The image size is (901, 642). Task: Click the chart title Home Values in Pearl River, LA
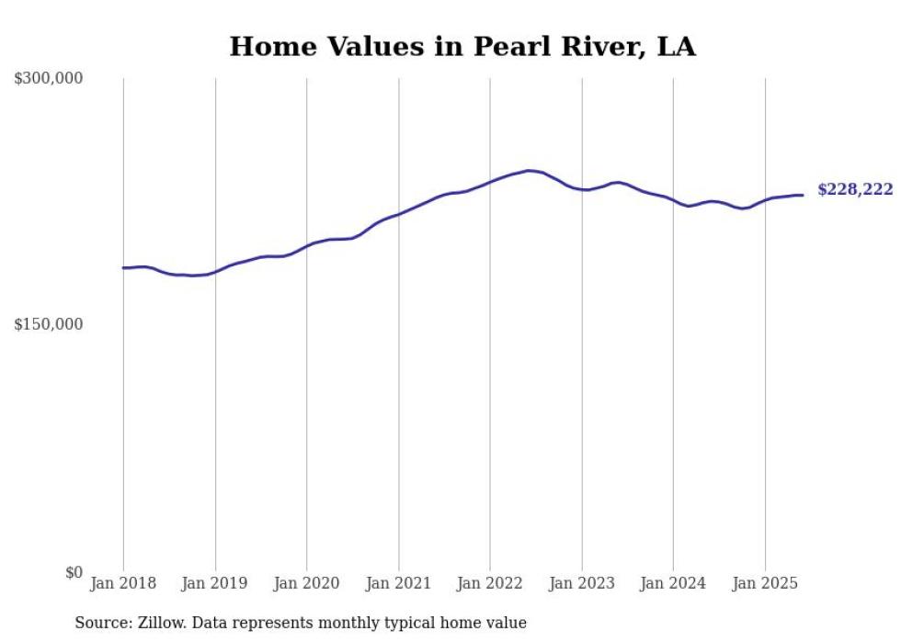point(462,46)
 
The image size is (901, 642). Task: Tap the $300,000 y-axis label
point(48,79)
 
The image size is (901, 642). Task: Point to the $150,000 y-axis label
point(48,325)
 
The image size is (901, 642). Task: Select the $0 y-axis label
point(74,573)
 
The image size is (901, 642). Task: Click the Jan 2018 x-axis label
point(123,583)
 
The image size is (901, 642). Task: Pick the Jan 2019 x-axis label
point(215,583)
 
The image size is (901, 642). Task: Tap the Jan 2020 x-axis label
point(307,583)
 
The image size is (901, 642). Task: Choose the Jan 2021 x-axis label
point(398,583)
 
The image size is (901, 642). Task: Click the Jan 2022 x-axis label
point(490,583)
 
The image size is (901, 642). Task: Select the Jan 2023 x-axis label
point(581,583)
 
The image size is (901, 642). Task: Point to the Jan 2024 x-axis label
point(673,583)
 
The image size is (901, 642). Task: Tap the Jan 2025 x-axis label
point(765,583)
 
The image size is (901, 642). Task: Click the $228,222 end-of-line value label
point(855,190)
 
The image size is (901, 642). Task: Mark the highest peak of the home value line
point(529,170)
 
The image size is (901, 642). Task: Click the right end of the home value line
point(803,195)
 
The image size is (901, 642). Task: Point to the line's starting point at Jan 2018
point(123,268)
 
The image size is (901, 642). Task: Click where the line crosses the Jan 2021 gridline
point(398,214)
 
